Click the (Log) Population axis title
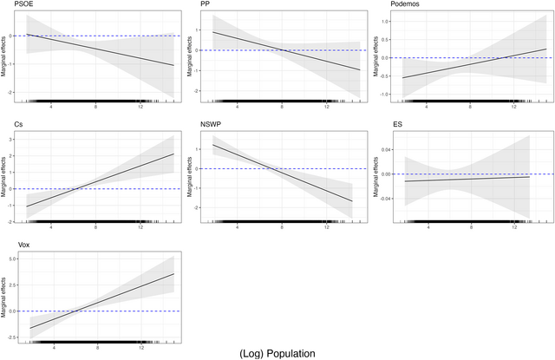coord(277,353)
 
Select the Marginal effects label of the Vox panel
coord(5,294)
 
